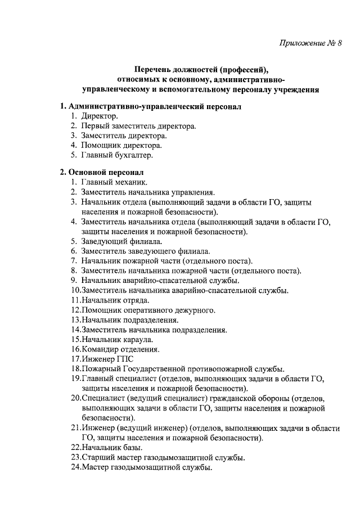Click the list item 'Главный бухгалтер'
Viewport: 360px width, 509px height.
click(x=117, y=154)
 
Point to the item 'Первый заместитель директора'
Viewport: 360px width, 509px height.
click(x=138, y=125)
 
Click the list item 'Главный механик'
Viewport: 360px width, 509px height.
click(x=114, y=182)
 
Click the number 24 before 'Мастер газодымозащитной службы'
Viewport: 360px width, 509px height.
click(x=76, y=467)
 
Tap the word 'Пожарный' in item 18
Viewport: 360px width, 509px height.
click(x=100, y=369)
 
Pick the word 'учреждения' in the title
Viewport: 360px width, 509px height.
click(x=292, y=89)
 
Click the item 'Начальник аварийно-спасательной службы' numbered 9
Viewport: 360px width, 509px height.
click(x=161, y=280)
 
